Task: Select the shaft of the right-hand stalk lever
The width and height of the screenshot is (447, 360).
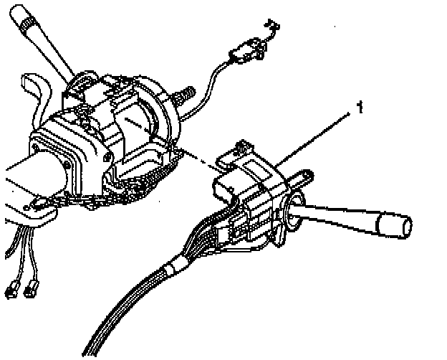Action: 337,217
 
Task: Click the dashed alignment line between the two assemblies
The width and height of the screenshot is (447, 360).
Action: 201,158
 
